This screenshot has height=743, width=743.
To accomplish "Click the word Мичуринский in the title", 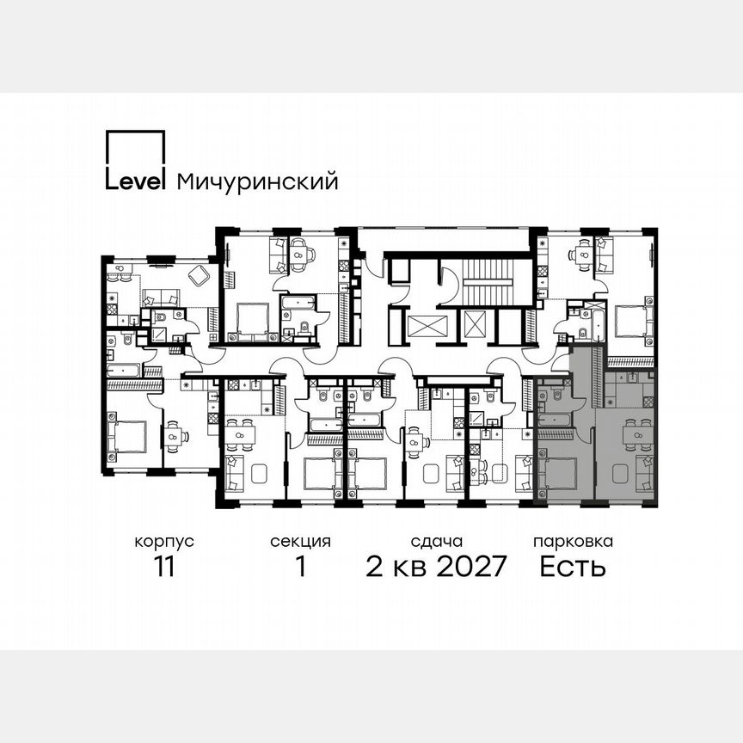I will [x=256, y=181].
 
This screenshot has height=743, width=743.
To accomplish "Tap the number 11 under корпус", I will [x=163, y=567].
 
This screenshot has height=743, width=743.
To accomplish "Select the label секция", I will [x=300, y=542].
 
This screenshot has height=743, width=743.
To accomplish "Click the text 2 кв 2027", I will [x=436, y=567].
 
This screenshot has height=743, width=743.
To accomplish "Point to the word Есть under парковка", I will [x=573, y=567].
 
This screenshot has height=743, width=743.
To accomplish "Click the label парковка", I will [x=573, y=542].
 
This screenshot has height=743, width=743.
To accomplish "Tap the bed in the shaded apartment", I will [x=558, y=472].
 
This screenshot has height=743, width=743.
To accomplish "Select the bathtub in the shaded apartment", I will [x=552, y=419].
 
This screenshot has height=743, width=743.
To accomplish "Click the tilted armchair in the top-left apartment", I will [x=199, y=275].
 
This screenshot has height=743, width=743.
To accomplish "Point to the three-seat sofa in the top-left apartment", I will [x=160, y=298].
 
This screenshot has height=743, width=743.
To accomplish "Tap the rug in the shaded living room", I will [x=617, y=472].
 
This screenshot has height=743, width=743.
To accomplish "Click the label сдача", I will [x=436, y=542].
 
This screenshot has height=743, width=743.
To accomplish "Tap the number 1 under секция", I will [x=300, y=567].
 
